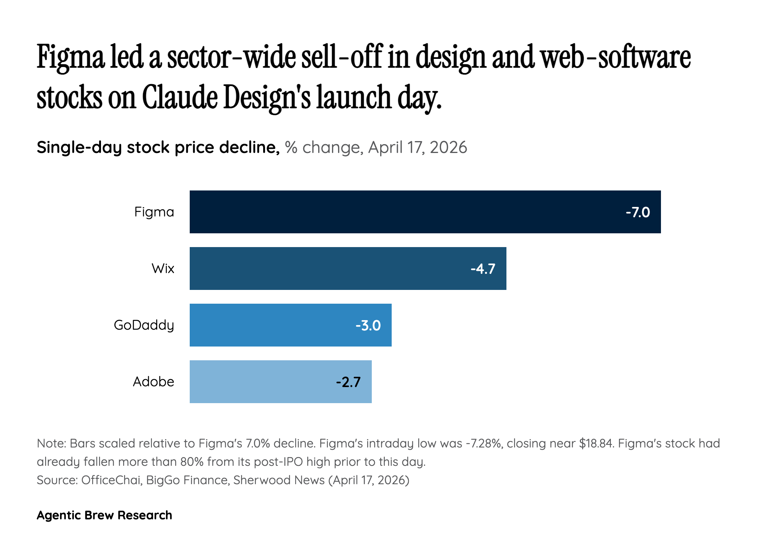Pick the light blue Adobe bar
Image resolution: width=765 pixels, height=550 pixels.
260,382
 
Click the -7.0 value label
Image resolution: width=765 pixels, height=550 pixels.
638,212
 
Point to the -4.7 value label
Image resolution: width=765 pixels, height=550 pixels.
483,269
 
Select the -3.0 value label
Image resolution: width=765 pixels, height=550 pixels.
368,325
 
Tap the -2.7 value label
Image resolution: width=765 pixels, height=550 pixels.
348,382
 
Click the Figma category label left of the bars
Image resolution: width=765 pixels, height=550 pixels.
154,212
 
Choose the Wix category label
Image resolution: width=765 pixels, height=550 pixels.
163,268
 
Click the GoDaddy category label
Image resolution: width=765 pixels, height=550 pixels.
144,325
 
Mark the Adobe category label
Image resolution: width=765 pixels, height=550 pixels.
153,382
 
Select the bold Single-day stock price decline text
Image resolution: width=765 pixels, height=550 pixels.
158,147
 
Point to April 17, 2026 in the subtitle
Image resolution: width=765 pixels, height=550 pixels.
417,147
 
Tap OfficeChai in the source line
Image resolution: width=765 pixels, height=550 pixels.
111,480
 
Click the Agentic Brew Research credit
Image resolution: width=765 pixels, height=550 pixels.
104,515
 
